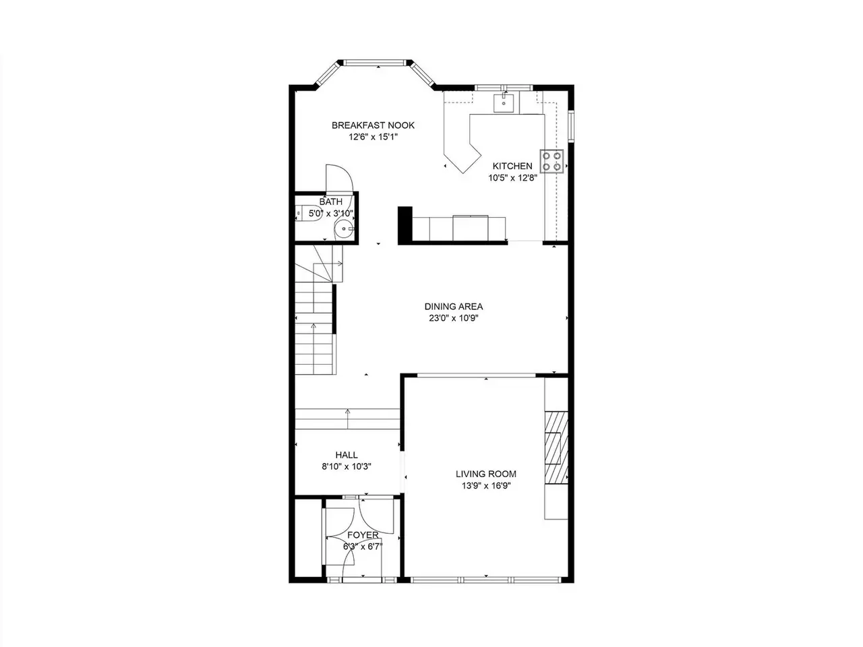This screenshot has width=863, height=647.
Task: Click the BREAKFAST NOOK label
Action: [373, 125]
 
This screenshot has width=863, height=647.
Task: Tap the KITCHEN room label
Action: [512, 166]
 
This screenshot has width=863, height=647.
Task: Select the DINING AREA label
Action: [453, 307]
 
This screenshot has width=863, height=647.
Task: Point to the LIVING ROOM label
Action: [486, 474]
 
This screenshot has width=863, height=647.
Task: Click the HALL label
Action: [347, 455]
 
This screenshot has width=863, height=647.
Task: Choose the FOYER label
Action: [363, 534]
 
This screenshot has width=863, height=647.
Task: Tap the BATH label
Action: [330, 202]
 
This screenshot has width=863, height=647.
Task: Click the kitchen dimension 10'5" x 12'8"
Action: [512, 178]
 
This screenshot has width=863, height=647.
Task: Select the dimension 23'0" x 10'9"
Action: [453, 318]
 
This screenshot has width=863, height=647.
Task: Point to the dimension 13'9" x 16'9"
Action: [486, 486]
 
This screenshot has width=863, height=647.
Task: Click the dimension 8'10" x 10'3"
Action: [347, 466]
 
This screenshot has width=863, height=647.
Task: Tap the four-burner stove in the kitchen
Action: [552, 162]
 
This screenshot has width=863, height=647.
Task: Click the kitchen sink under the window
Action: [504, 103]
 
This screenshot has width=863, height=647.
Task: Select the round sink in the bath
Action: [344, 229]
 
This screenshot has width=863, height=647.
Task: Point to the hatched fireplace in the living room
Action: [556, 448]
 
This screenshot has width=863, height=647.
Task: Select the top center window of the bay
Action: [375, 63]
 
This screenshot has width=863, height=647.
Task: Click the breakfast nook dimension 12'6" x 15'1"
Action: [373, 137]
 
